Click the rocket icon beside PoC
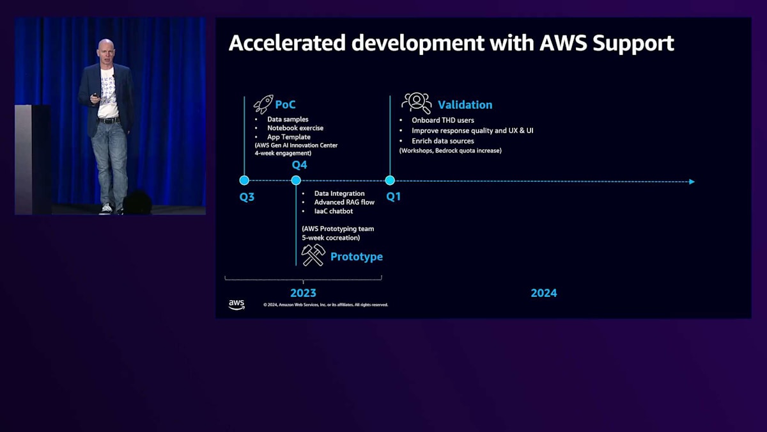(263, 104)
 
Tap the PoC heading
(285, 104)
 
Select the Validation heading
(465, 105)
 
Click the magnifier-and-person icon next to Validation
(416, 103)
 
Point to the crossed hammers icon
(313, 255)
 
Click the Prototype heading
(356, 257)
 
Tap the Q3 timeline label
(247, 196)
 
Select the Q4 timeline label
(299, 165)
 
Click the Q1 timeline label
(393, 196)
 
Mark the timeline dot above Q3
(244, 180)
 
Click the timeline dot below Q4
(296, 180)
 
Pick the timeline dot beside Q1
(390, 180)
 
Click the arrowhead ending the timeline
(691, 182)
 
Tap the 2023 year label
(303, 292)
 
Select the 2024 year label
(543, 292)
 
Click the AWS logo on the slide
(236, 305)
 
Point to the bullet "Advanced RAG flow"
(344, 202)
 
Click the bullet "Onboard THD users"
(442, 120)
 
